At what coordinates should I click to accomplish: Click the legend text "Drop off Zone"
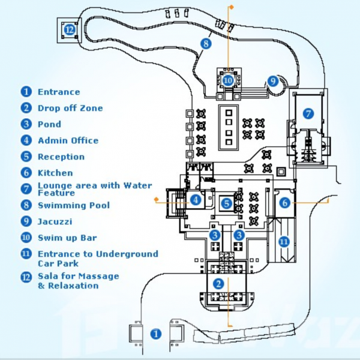[70, 109]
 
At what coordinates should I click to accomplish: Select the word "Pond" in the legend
[49, 125]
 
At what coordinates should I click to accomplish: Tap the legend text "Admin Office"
[68, 141]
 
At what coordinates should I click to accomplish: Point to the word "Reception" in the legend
[61, 157]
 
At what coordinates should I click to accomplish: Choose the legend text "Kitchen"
[55, 173]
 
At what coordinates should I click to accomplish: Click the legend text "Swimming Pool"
[73, 206]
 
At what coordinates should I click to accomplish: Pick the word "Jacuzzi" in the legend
[56, 222]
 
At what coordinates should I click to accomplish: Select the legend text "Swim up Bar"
[67, 238]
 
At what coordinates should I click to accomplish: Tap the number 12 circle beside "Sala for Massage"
[26, 278]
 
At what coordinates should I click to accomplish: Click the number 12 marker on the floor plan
[70, 28]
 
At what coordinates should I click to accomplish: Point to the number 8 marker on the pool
[206, 43]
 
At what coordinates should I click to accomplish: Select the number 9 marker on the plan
[273, 80]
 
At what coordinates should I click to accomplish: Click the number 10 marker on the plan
[228, 80]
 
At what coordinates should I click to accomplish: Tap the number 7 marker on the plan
[308, 113]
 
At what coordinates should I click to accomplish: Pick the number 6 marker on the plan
[285, 203]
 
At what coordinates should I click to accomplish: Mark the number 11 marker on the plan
[284, 242]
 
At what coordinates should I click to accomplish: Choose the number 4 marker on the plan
[196, 200]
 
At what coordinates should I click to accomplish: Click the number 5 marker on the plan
[226, 204]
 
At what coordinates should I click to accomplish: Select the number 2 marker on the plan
[219, 283]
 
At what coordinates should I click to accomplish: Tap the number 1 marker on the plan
[156, 333]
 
